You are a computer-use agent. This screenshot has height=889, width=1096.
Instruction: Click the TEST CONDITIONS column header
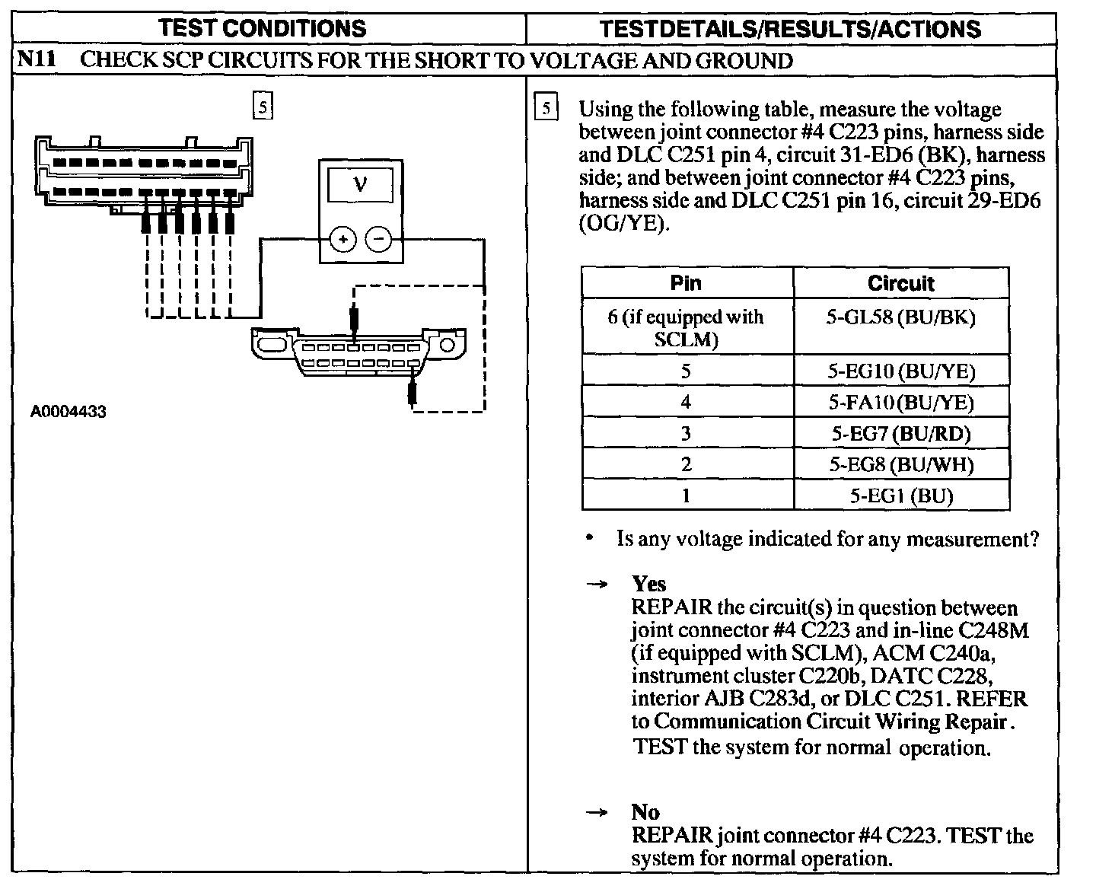point(263,29)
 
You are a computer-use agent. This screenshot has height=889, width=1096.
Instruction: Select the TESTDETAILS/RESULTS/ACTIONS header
point(790,29)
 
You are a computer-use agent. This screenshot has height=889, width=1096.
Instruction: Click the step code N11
point(37,60)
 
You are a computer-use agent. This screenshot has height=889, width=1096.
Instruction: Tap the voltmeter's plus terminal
point(342,240)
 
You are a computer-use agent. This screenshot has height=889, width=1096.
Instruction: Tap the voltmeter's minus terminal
point(379,240)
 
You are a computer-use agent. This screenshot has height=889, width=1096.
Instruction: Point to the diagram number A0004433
point(68,412)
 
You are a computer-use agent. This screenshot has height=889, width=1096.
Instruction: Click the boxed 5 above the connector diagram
point(262,107)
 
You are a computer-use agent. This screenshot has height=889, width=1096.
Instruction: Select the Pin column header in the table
point(686,283)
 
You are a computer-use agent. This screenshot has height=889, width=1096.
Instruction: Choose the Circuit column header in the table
point(900,283)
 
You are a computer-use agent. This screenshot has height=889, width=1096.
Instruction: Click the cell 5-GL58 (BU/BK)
point(900,317)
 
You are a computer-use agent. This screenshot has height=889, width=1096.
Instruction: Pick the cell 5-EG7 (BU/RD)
point(901,434)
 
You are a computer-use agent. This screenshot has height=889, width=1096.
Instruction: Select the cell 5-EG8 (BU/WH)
point(901,465)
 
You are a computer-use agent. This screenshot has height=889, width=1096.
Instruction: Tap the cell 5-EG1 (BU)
point(901,496)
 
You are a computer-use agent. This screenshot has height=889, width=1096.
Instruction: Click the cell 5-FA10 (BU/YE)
point(901,403)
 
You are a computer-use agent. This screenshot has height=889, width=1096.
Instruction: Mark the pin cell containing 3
point(686,434)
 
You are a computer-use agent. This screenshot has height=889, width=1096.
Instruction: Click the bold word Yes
point(648,584)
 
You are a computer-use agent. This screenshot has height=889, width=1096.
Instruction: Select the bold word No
point(645,812)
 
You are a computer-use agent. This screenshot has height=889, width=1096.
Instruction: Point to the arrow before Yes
point(597,585)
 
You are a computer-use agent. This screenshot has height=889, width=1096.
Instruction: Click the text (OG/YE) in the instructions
point(624,225)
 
